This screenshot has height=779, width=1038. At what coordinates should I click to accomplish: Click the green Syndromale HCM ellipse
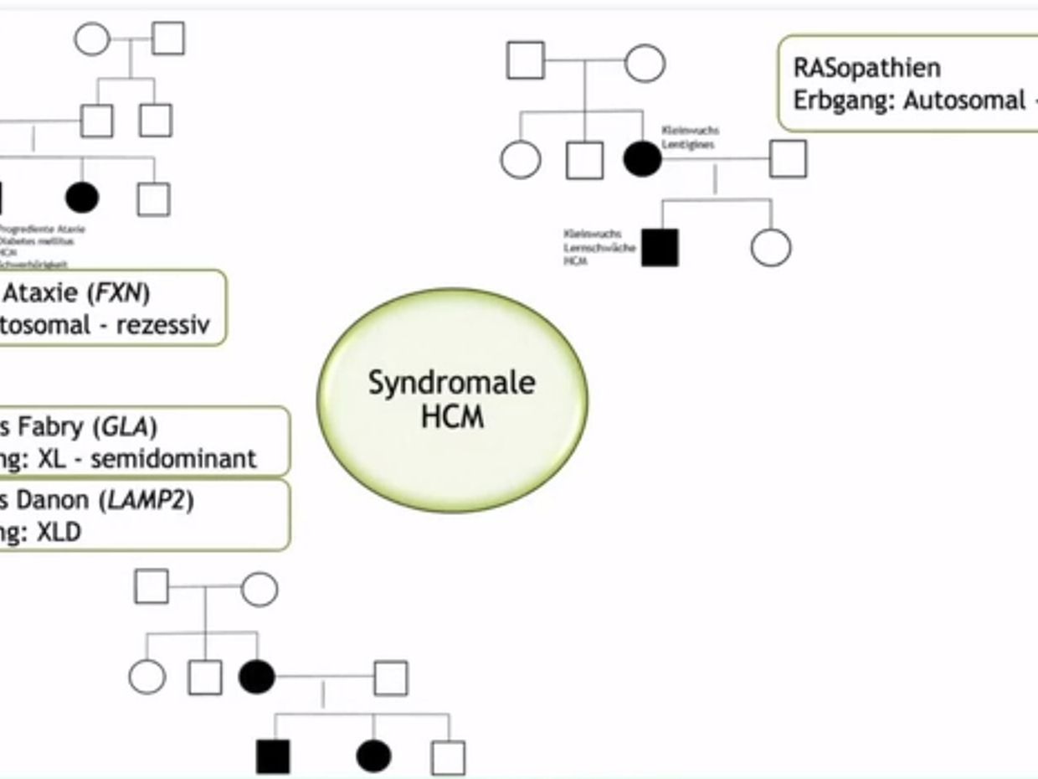point(452,400)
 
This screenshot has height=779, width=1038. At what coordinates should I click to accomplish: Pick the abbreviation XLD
point(59,532)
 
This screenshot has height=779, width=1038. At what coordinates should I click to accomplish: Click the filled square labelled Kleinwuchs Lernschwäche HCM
point(660,248)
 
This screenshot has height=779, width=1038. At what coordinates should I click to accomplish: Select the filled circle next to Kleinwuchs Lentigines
point(642,159)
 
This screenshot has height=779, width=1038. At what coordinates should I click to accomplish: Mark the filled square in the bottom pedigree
point(273,756)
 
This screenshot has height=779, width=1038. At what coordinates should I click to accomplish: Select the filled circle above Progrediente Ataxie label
point(82,198)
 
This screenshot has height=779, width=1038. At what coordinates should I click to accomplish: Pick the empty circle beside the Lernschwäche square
point(770,248)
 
